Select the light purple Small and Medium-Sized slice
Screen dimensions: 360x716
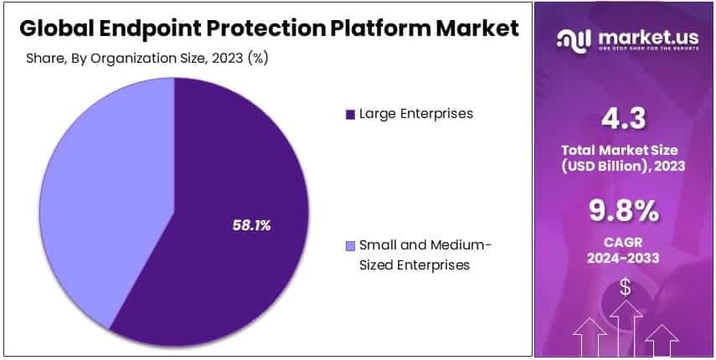coord(100,193)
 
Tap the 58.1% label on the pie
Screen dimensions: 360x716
coord(251,225)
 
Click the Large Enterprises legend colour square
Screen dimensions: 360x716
coord(350,114)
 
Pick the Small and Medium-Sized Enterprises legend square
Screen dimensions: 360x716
coord(350,246)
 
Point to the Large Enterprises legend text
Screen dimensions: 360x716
coord(416,113)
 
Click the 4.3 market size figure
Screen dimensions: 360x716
coord(624,118)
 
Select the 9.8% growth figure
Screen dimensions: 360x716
coord(624,213)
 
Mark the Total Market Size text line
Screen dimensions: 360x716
coord(624,150)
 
